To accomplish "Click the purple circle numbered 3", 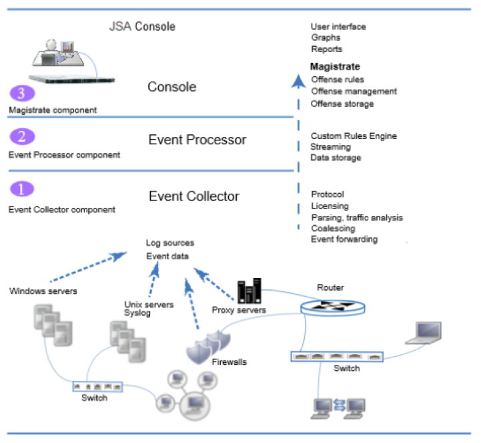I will tap(21, 94).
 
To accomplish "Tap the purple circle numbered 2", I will tap(21, 137).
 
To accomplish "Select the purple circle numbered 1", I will tap(21, 190).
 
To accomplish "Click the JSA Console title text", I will tap(142, 27).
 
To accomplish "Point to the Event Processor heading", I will tap(197, 140).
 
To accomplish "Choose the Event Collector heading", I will tap(193, 196).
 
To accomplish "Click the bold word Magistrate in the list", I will tap(335, 67).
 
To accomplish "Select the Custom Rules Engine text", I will tap(354, 136).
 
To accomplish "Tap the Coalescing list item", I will tap(333, 229).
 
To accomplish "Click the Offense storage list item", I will tap(342, 104).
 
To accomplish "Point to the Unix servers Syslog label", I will tap(149, 308).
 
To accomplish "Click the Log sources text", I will tap(170, 243).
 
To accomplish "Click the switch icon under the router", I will tap(338, 356).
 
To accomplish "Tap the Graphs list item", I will tap(326, 38).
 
